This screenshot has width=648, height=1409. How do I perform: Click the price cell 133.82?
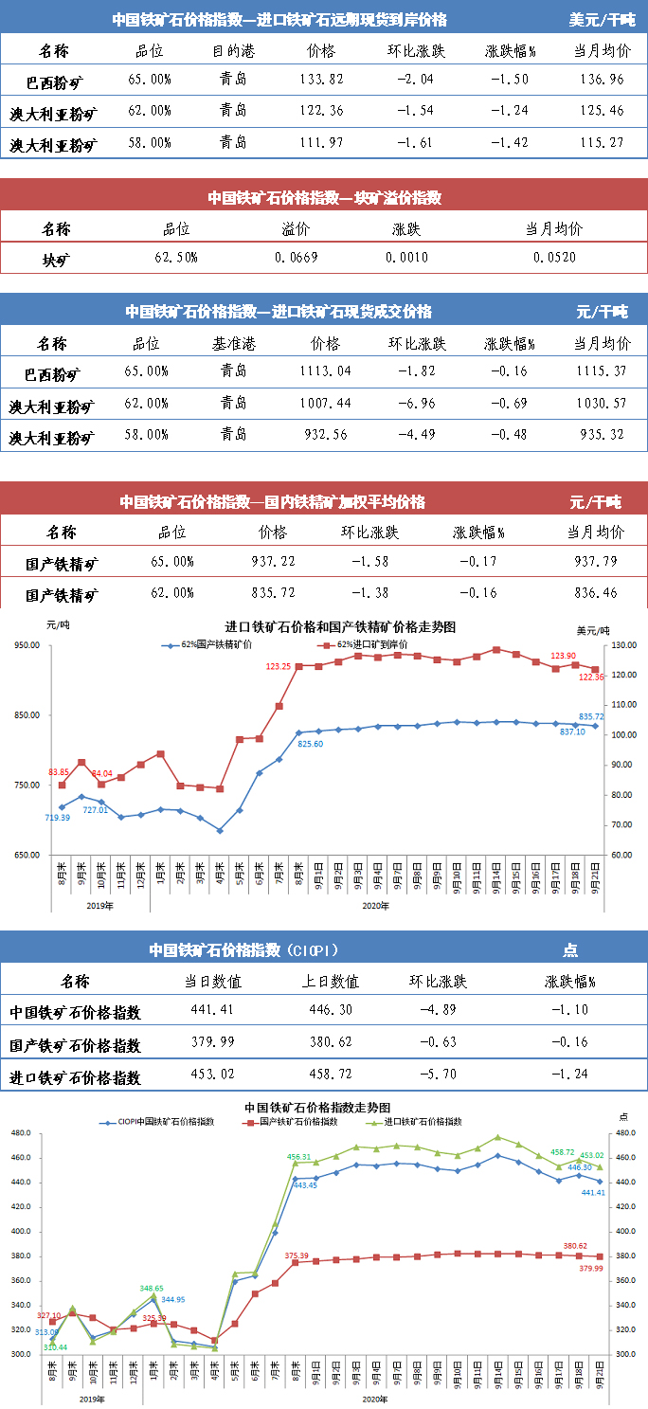coord(321,80)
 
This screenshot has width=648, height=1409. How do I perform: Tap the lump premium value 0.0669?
coord(296,258)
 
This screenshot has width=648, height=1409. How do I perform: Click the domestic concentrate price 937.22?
coord(272,562)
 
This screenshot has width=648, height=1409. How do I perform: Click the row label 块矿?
coord(56,258)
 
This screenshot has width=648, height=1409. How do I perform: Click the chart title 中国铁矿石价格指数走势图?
coord(317,1107)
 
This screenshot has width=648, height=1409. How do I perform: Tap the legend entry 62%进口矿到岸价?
coord(366,645)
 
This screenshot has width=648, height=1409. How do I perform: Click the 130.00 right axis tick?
coord(620,645)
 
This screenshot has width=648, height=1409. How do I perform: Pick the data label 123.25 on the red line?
coord(279,666)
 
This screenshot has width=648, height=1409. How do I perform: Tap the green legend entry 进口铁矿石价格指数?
coord(423,1121)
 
